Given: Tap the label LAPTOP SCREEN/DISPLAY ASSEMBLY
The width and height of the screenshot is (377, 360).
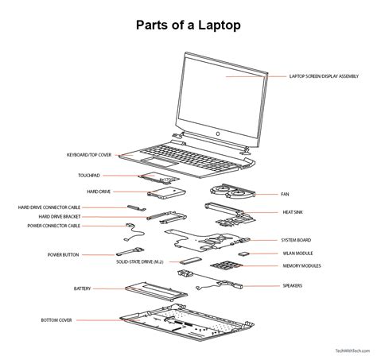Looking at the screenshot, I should (323, 77).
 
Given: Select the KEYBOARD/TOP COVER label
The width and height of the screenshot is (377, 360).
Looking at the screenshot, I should (88, 155).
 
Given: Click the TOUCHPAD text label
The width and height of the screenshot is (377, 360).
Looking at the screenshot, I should (88, 174).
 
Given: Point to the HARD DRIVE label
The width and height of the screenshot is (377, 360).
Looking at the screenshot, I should (99, 192).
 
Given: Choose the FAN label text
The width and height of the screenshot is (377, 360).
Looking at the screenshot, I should (285, 193).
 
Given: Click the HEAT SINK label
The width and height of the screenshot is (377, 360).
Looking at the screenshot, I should (291, 212).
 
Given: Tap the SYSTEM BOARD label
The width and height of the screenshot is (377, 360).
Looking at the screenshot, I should (295, 239).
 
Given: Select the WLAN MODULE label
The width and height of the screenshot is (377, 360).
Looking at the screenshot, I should (296, 253).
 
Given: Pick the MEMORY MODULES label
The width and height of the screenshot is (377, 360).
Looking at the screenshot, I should (301, 266).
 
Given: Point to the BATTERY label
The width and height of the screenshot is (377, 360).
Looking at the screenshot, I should (82, 288).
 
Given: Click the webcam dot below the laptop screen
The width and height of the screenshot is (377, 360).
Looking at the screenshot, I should (216, 134).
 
